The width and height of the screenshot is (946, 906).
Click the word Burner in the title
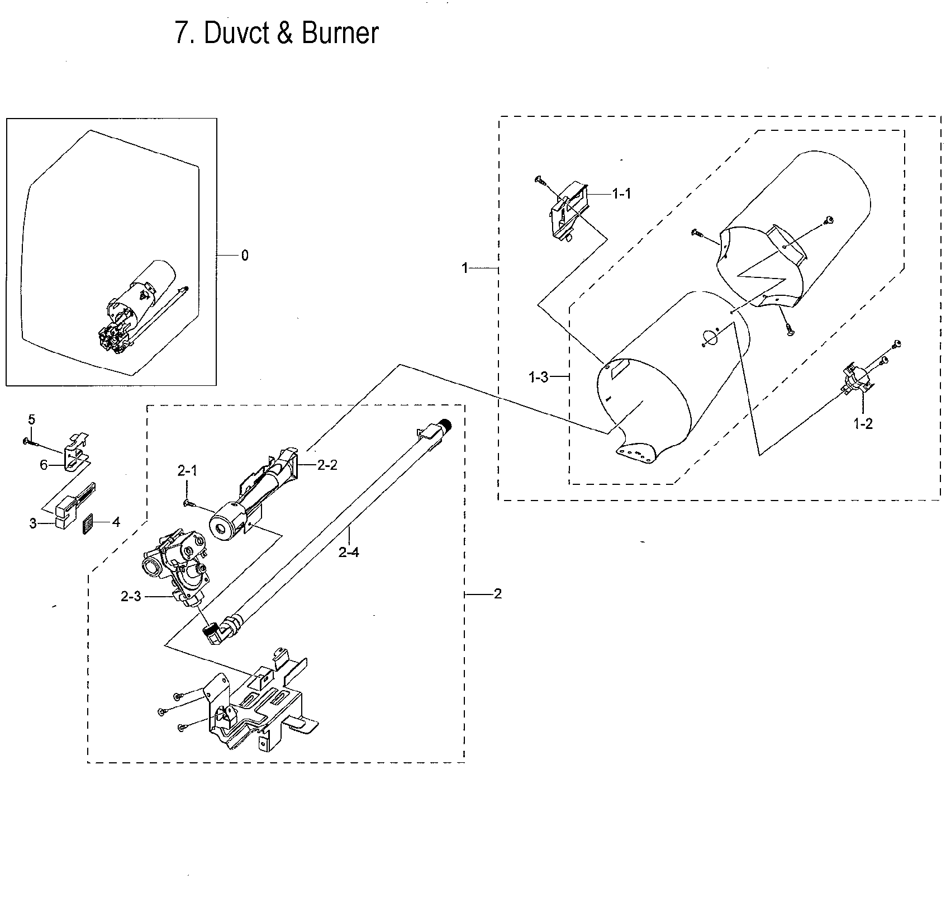point(340,33)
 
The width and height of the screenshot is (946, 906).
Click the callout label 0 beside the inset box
point(245,256)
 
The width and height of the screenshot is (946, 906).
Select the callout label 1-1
point(621,194)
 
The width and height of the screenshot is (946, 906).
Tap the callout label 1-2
point(863,424)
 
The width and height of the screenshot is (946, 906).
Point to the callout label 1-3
point(538,377)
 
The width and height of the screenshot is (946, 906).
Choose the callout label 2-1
point(187,471)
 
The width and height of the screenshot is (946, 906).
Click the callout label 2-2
point(327,465)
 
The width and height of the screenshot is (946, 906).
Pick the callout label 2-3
point(131,597)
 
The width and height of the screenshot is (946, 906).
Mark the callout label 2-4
point(349,552)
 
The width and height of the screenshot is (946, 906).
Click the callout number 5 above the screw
point(31,419)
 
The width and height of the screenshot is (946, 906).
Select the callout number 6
point(44,465)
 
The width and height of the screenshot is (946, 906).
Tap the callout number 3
point(33,523)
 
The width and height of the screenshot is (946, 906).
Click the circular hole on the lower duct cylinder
point(709,338)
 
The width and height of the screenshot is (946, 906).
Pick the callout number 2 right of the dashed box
point(497,593)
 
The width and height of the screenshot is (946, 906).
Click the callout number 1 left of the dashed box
point(464,268)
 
